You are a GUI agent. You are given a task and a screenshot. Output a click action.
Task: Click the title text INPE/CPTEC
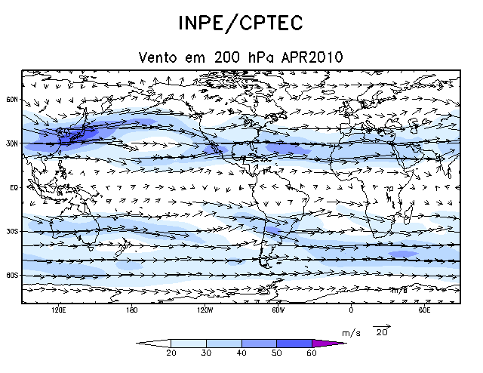[241, 23]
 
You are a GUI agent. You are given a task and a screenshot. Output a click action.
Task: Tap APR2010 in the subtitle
[313, 57]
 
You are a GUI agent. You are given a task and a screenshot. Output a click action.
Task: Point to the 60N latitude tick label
[12, 99]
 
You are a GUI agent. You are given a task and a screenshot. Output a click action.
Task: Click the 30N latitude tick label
[12, 143]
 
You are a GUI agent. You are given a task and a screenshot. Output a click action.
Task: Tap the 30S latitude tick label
[12, 232]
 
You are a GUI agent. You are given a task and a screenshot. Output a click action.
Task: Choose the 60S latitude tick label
[12, 276]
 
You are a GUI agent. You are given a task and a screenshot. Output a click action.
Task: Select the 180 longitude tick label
[132, 310]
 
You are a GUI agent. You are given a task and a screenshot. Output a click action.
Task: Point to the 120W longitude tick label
[205, 310]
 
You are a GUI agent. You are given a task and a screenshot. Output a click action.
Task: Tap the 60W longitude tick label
[278, 310]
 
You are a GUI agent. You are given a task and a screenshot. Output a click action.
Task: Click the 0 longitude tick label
[351, 310]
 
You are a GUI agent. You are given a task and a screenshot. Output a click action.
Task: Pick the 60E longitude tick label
[423, 310]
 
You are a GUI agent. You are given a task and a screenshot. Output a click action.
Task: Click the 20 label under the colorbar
[171, 353]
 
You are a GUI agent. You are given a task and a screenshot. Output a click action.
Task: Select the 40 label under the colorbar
[241, 353]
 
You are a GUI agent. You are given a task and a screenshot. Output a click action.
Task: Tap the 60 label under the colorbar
[312, 353]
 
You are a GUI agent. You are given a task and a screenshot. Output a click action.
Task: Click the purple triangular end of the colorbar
[328, 343]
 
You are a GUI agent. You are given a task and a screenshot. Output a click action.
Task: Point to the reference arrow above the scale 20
[383, 326]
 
